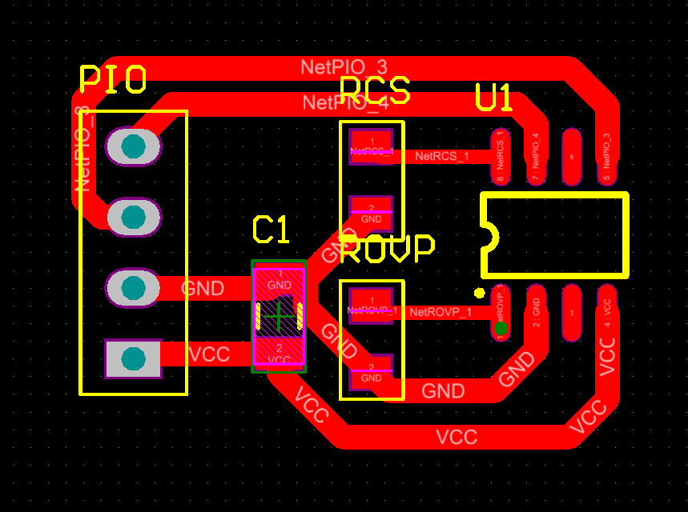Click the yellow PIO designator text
113,80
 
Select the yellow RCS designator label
374,91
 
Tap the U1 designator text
493,98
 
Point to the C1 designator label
270,230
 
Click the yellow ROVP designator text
388,249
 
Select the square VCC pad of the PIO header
133,358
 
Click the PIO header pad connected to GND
133,287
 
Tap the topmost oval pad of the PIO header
133,147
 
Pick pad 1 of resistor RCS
371,146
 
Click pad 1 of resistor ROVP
371,305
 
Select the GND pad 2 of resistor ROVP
371,373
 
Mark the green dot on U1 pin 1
501,328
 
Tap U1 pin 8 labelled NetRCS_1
501,156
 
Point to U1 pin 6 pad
571,156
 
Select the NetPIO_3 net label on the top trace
344,66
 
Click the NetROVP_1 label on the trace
440,312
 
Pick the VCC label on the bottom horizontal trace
457,437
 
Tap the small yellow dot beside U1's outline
479,293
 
